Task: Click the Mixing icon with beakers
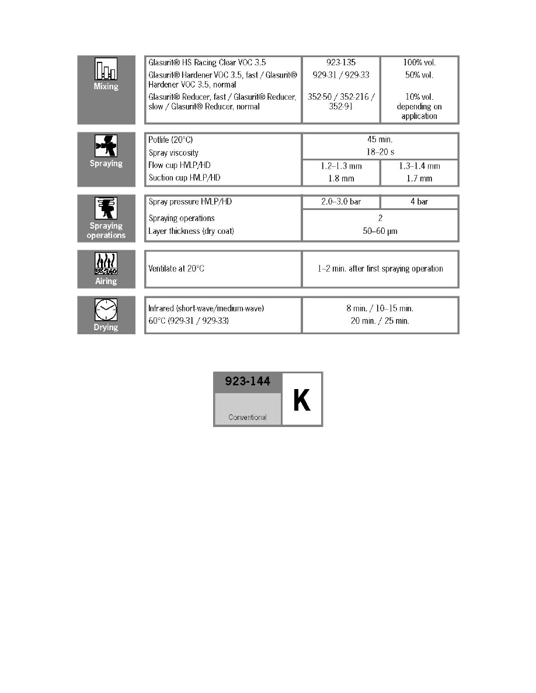[106, 69]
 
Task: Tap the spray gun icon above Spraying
[106, 146]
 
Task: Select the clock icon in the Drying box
[106, 309]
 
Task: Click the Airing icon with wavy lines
[106, 264]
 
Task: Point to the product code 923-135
[340, 62]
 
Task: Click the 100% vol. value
[419, 62]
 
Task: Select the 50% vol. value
[419, 75]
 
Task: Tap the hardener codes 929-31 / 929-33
[340, 75]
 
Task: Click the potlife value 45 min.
[380, 139]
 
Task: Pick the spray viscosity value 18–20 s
[380, 152]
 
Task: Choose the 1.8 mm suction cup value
[340, 178]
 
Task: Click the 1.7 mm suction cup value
[419, 178]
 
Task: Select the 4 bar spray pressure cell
[419, 202]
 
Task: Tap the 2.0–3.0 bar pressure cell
[340, 202]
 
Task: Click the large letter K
[302, 400]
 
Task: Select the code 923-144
[248, 382]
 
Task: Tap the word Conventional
[248, 417]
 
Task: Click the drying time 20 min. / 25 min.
[380, 321]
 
